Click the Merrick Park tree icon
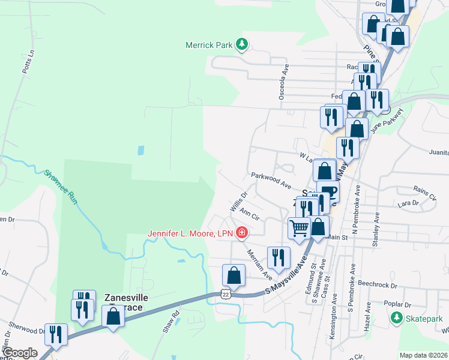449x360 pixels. [242, 44]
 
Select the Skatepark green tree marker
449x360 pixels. [396, 317]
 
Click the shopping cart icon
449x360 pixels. [299, 227]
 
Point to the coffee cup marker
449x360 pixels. [329, 193]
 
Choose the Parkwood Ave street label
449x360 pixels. [271, 181]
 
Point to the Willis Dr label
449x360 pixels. [239, 201]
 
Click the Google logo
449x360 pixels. [20, 353]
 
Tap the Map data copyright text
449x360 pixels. [423, 355]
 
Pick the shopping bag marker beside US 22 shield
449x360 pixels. [234, 275]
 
